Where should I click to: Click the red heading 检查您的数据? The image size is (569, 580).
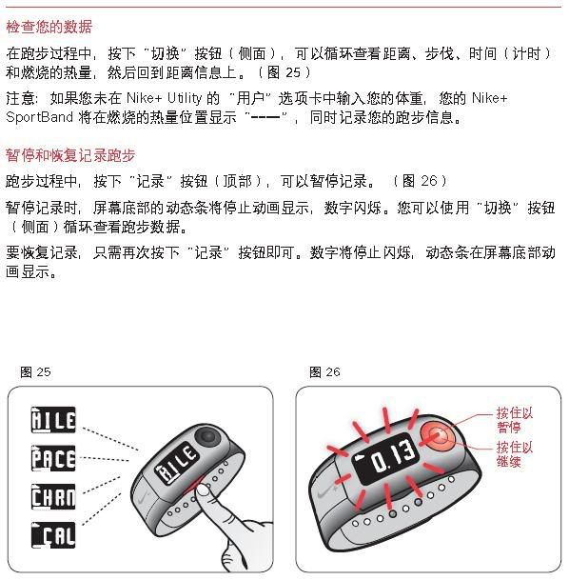[49, 27]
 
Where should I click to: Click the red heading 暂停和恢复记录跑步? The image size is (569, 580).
[70, 155]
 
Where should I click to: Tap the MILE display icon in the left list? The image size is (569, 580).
[53, 420]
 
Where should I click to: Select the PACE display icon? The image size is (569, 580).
[53, 458]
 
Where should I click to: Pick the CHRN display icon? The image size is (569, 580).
[53, 497]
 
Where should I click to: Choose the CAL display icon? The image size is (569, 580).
[53, 535]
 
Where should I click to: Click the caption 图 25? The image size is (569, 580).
[35, 372]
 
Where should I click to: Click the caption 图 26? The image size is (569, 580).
[324, 372]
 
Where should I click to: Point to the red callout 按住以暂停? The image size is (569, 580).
[515, 420]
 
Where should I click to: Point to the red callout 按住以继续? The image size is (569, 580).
[515, 454]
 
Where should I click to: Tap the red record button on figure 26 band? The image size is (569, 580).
[438, 436]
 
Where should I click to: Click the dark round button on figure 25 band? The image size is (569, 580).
[207, 437]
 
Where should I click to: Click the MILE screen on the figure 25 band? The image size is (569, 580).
[177, 462]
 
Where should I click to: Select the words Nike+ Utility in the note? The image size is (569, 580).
[165, 98]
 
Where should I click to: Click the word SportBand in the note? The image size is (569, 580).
[40, 118]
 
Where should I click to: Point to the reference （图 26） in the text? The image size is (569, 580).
[421, 181]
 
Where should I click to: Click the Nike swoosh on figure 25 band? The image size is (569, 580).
[144, 498]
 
